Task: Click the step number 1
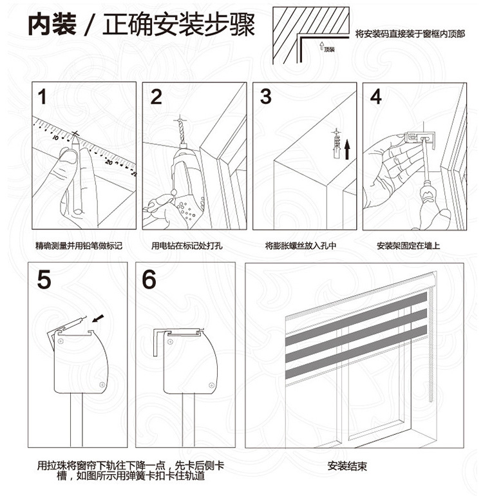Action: [42, 97]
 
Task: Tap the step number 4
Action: [375, 97]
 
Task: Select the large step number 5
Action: [44, 280]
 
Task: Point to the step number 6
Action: [149, 280]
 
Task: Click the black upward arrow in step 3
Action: [347, 149]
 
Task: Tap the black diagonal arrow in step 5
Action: [99, 318]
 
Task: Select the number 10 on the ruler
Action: [55, 137]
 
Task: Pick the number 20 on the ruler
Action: [109, 162]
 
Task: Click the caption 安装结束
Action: [347, 466]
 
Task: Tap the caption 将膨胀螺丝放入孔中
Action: [301, 245]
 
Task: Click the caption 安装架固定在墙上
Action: [408, 245]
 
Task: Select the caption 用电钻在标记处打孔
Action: [187, 245]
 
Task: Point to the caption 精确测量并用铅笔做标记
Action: [79, 245]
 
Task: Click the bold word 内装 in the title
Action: [52, 24]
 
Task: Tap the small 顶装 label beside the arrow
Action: [329, 50]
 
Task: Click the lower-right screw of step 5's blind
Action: [102, 385]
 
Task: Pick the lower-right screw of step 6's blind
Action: [211, 385]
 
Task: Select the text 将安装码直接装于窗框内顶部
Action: [410, 34]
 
